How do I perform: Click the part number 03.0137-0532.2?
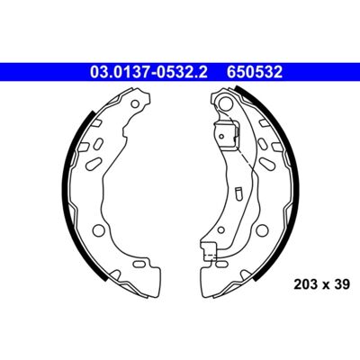click(148, 72)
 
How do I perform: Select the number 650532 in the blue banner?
click(255, 72)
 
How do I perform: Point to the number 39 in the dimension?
click(342, 284)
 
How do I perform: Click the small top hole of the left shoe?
click(136, 104)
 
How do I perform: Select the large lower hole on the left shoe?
click(98, 230)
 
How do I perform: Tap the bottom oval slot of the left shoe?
click(139, 264)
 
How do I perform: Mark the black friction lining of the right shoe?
click(279, 180)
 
